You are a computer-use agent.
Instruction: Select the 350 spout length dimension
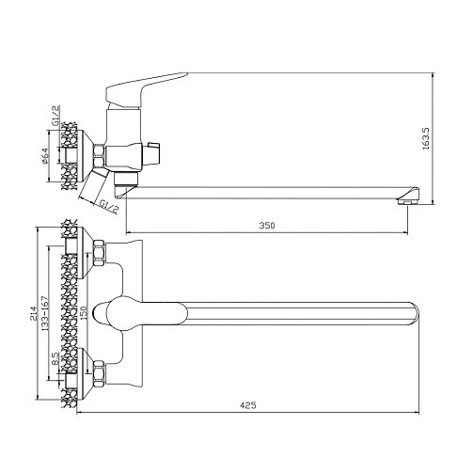pos(267,226)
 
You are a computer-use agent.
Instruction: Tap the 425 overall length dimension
pos(248,405)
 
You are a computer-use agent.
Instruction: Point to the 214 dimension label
pos(34,311)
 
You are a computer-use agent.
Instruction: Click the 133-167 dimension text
pos(45,313)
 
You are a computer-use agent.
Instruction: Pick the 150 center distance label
pos(84,313)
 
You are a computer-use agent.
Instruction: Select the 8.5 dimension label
pos(55,358)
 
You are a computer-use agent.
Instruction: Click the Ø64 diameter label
pos(44,156)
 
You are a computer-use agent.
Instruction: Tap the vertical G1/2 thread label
pos(55,116)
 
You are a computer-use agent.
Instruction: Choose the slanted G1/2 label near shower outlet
pos(109,206)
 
